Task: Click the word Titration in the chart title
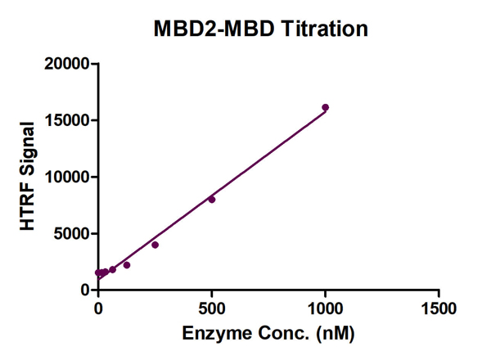coord(322,29)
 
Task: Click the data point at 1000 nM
coord(325,107)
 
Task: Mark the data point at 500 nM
coord(212,199)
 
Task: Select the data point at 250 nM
coord(155,245)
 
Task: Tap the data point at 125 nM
coord(127,265)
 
